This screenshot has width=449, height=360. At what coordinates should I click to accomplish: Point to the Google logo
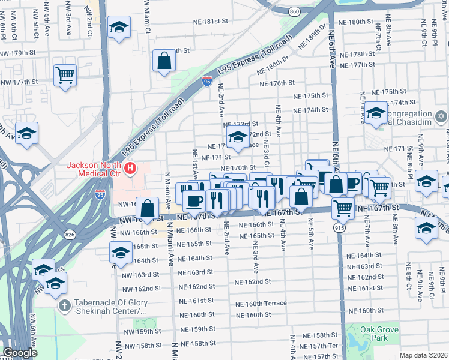(20, 353)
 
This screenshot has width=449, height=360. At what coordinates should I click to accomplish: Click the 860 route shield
(294, 11)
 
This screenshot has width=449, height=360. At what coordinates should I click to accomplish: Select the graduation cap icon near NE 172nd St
(238, 137)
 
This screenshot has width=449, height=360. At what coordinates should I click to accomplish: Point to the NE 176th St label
(278, 83)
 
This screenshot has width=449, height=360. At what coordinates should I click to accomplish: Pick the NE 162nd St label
(253, 281)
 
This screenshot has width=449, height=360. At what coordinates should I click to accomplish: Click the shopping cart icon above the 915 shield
(342, 208)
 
